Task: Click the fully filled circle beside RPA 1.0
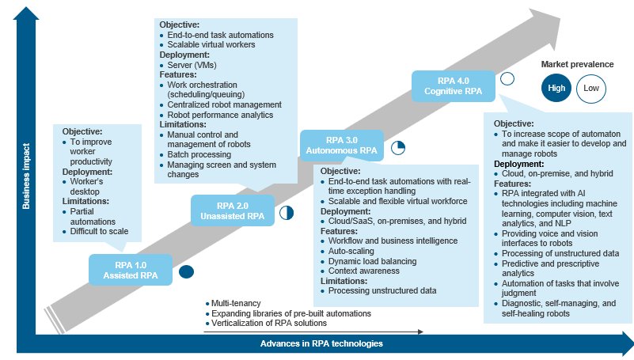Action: (187, 272)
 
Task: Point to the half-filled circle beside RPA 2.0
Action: (287, 212)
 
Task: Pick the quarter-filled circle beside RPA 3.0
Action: (398, 147)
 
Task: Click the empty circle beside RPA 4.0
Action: (507, 79)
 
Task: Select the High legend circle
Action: (556, 88)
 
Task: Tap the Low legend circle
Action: (591, 88)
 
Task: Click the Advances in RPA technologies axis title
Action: (321, 343)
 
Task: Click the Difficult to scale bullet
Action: (99, 232)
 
